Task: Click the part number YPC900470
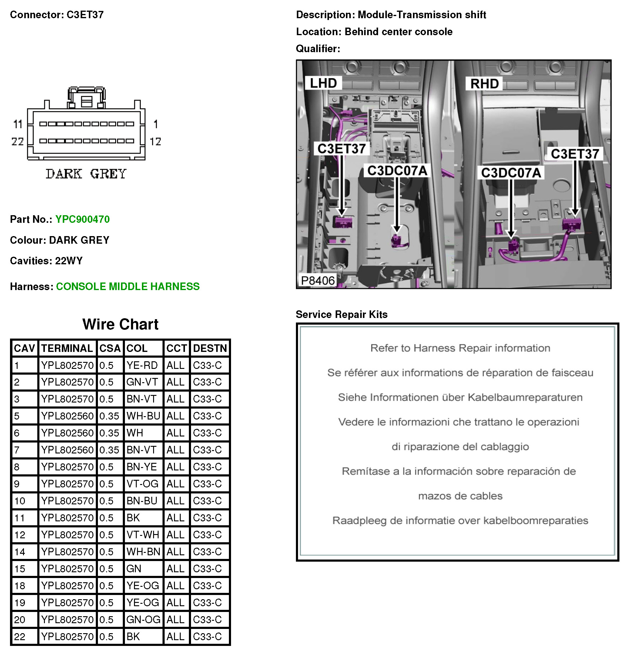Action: point(82,219)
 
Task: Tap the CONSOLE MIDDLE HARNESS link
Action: point(128,286)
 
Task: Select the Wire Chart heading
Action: point(120,324)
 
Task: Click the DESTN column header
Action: point(210,348)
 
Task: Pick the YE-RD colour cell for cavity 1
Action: point(142,365)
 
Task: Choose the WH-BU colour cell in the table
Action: point(143,416)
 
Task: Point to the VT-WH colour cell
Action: point(143,535)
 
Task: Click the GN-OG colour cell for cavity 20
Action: point(143,620)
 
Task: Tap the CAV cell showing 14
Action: point(20,552)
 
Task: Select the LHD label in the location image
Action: point(323,83)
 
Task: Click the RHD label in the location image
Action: point(484,84)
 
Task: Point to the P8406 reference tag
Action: point(317,280)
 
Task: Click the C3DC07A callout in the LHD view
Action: point(397,171)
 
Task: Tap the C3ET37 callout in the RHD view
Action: point(575,154)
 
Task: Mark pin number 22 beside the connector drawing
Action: point(18,141)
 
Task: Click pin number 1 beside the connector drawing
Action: point(156,124)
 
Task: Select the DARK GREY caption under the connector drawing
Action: point(86,174)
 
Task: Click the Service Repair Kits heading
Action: point(342,315)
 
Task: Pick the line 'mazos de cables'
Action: point(460,496)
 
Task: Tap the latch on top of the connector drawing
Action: point(87,98)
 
